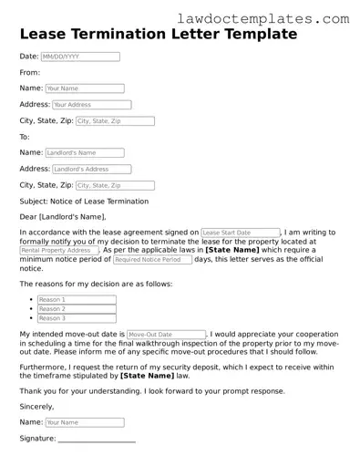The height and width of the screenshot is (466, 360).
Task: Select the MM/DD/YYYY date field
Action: [80, 57]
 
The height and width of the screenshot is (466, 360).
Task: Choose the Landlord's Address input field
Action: [92, 169]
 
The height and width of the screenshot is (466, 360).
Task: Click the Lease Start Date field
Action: [240, 233]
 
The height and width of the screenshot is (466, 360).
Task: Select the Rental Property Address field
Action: [59, 250]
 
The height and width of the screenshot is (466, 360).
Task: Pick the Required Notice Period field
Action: [151, 260]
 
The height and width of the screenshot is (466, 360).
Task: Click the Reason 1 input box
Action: [77, 300]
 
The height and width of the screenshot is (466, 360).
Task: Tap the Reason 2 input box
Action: [77, 309]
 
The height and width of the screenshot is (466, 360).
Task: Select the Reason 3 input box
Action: [77, 318]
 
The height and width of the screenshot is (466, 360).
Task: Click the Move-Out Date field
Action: [166, 335]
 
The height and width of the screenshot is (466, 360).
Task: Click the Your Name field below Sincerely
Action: [85, 423]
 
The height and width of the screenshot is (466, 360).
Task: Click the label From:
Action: [30, 72]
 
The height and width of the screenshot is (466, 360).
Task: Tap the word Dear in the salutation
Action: [29, 217]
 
